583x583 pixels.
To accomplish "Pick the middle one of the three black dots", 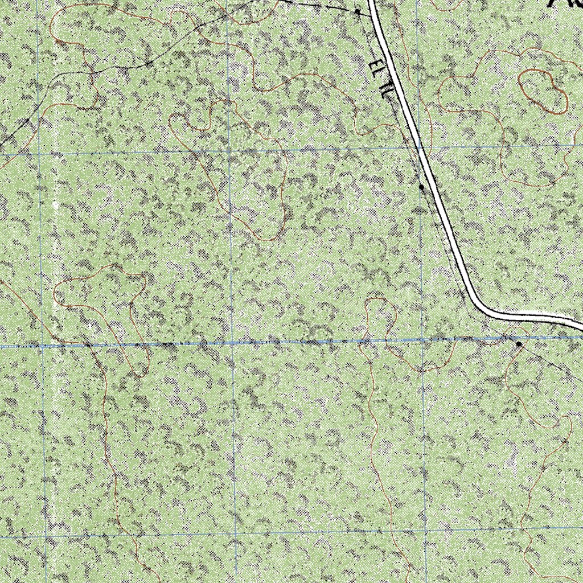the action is (x=421, y=187).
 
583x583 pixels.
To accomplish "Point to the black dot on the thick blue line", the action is (x=519, y=344).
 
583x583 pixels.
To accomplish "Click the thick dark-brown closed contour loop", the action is (x=543, y=91).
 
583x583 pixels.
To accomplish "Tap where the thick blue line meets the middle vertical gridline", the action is (x=232, y=343).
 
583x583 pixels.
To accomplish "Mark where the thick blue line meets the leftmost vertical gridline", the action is (x=43, y=346).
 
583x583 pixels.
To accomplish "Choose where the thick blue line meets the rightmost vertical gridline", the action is (x=422, y=340).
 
